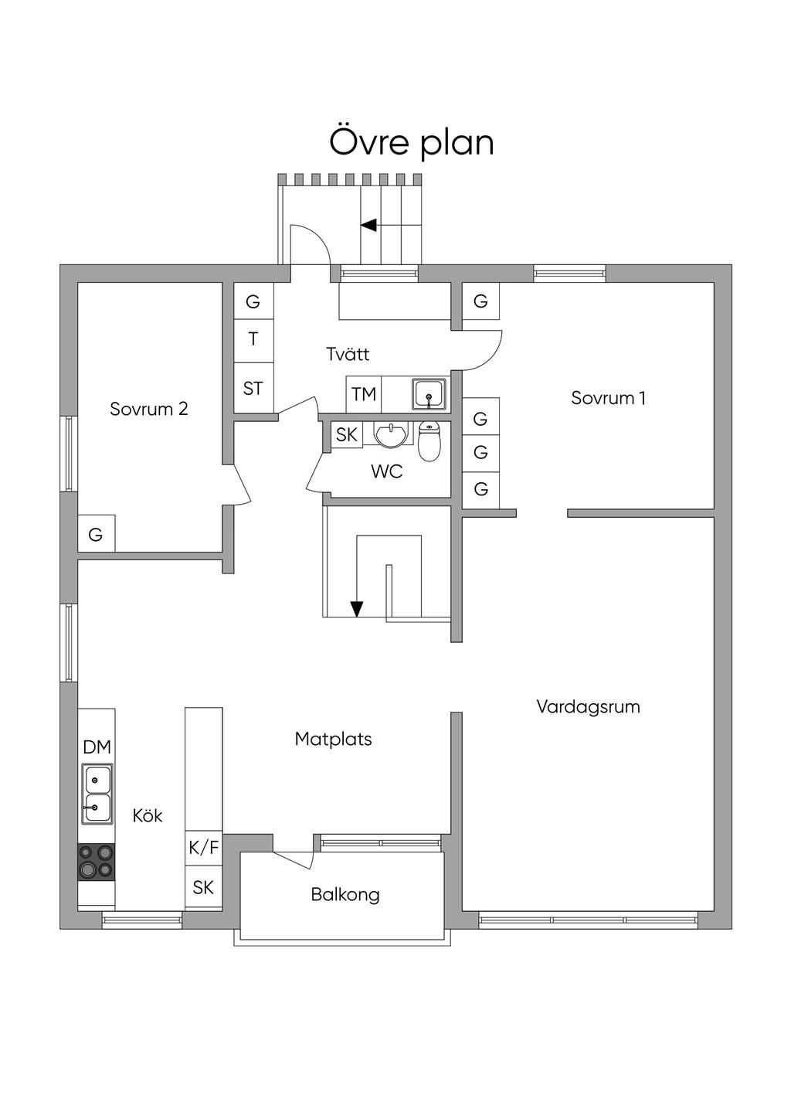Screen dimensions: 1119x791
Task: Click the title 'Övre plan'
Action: point(412,142)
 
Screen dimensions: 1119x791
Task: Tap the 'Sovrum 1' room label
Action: point(608,398)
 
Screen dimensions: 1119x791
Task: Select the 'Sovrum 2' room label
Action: point(148,409)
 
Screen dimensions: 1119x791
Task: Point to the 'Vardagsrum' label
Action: point(588,706)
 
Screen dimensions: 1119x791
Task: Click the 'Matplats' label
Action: point(333,739)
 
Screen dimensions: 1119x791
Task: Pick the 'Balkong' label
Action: point(345,894)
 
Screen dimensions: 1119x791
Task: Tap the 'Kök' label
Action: point(147,815)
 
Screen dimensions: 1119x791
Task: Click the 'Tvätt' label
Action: point(348,354)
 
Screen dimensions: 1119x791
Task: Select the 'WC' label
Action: point(386,471)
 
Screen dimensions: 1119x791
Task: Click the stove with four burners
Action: point(97,862)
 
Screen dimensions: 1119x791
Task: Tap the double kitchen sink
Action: point(97,794)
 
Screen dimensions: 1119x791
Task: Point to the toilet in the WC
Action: point(429,440)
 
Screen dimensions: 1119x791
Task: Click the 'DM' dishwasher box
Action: point(97,747)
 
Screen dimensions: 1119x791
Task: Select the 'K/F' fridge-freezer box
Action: point(204,848)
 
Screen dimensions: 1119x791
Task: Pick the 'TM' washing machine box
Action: point(364,394)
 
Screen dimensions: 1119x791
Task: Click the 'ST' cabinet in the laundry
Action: point(253,388)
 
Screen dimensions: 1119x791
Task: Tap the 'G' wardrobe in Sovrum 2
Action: point(96,534)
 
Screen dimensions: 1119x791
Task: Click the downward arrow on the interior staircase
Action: point(356,608)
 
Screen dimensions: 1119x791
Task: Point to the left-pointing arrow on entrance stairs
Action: point(368,225)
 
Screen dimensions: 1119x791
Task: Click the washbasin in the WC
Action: point(393,434)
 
